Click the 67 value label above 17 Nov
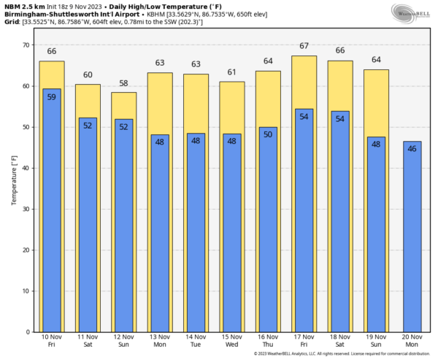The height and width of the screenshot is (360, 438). (x=304, y=46)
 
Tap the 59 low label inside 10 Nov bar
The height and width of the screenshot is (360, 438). (x=51, y=97)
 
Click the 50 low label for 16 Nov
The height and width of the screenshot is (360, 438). (x=268, y=134)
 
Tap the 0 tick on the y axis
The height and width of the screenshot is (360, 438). (x=27, y=332)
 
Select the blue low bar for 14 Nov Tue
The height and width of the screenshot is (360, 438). (x=196, y=234)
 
